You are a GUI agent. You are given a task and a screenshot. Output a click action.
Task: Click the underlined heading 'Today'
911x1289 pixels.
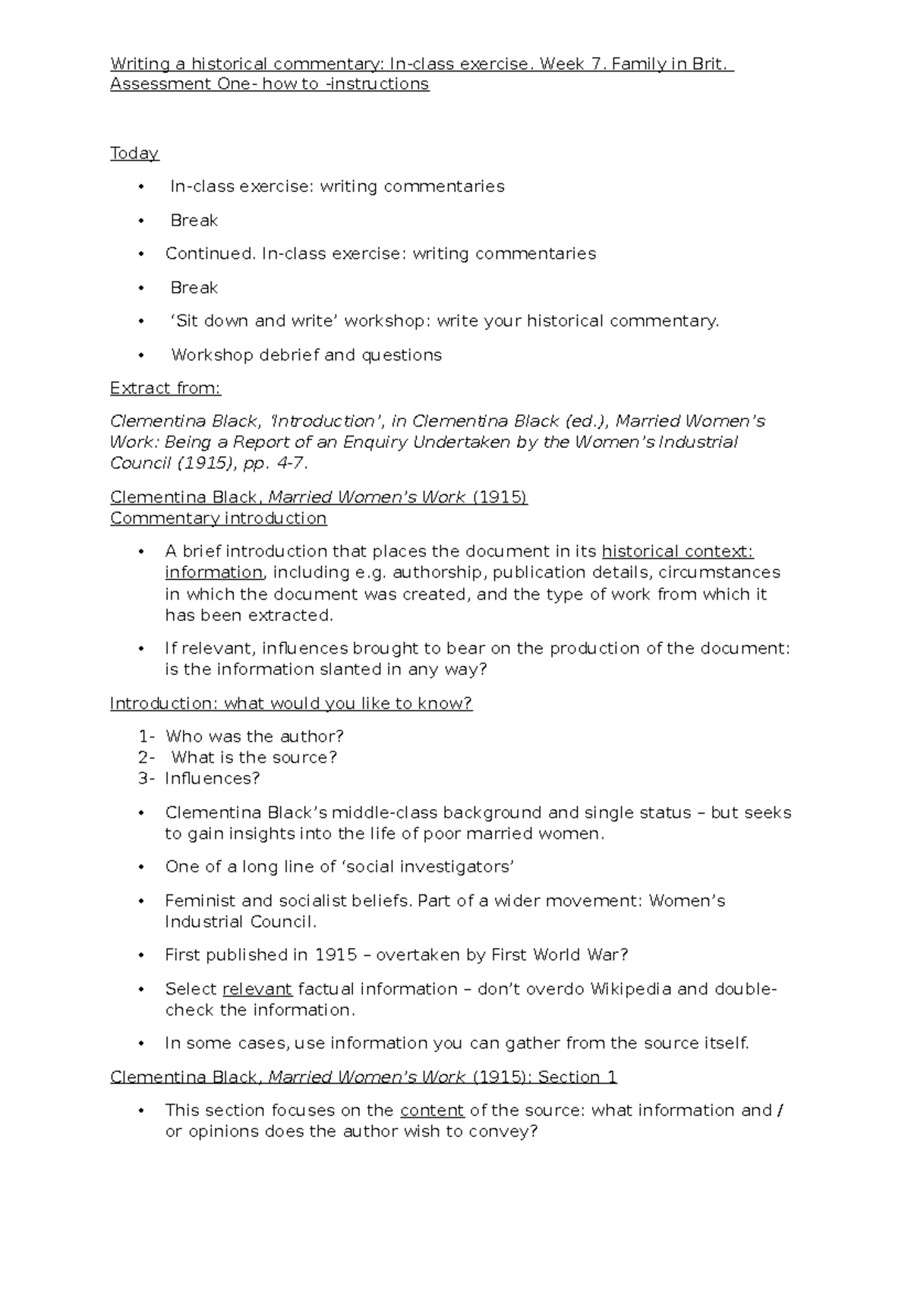point(134,153)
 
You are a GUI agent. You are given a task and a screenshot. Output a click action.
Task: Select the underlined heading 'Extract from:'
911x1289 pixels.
point(165,389)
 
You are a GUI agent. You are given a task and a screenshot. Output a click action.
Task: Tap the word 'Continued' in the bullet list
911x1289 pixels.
point(210,254)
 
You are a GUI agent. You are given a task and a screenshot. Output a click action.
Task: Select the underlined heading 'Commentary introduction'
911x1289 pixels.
point(218,518)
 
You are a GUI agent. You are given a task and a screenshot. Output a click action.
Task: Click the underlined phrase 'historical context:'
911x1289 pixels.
point(677,551)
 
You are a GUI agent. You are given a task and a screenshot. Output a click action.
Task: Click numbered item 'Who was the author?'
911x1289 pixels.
point(254,736)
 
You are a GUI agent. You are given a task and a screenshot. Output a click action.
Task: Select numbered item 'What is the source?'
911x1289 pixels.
point(254,758)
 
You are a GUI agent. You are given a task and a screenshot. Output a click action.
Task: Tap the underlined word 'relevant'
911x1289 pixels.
point(257,989)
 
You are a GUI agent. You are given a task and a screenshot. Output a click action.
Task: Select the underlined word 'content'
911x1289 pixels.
point(432,1111)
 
